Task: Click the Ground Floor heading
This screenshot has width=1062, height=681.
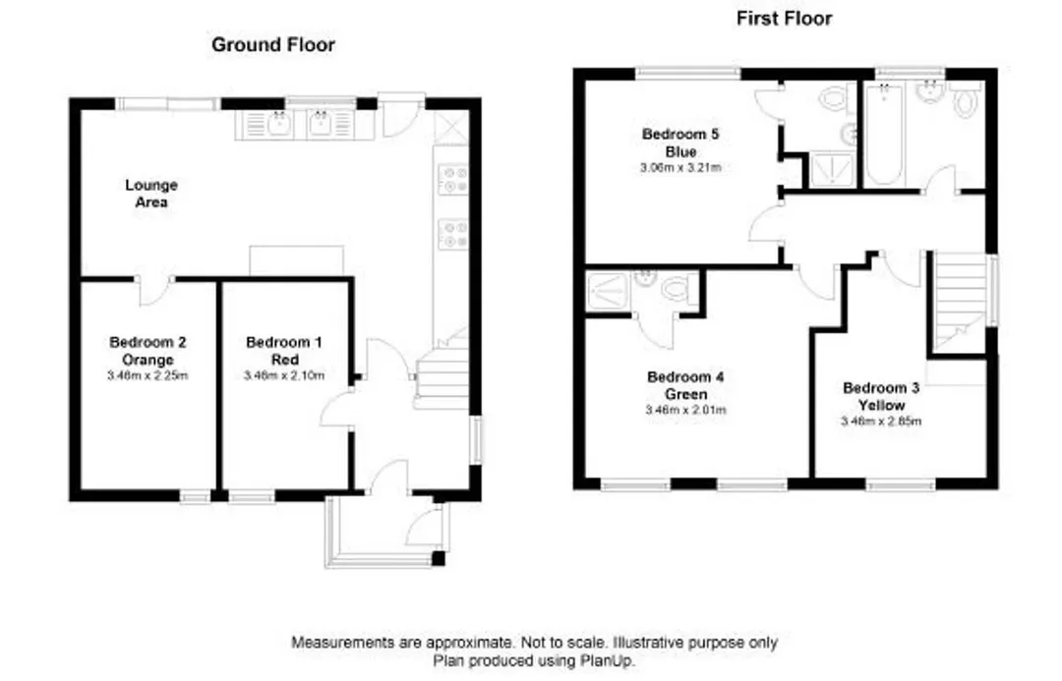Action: click(x=273, y=44)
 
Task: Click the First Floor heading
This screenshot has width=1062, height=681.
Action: click(x=785, y=19)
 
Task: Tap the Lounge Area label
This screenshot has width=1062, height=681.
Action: click(x=151, y=193)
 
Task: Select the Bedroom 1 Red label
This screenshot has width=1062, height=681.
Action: click(x=284, y=351)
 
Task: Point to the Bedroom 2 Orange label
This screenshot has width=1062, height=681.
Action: click(x=147, y=351)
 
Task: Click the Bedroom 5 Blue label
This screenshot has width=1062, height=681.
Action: click(x=680, y=142)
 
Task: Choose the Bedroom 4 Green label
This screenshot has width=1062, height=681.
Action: click(x=685, y=385)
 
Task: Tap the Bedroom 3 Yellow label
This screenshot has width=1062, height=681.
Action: click(x=881, y=396)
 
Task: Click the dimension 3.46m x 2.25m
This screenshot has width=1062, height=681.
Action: click(x=147, y=375)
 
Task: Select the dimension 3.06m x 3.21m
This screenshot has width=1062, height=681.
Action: click(x=680, y=167)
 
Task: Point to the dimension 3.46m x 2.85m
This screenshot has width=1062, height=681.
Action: click(x=881, y=421)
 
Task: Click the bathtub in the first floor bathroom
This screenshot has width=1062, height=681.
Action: click(x=883, y=134)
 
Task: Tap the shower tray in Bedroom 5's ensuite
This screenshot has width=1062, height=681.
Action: click(x=830, y=169)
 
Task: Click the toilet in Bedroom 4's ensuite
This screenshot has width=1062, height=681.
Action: click(x=676, y=290)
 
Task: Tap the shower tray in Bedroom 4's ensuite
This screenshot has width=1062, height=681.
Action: click(x=609, y=291)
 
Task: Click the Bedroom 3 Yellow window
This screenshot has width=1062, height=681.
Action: click(x=901, y=484)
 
